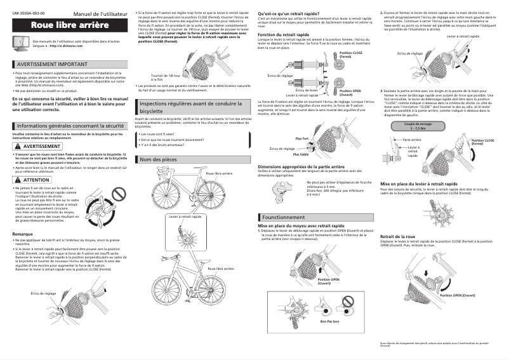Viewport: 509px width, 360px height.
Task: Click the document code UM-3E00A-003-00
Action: tap(29, 13)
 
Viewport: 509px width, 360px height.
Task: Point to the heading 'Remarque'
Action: tap(22, 234)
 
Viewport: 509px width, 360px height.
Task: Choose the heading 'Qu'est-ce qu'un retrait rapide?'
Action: tap(288, 13)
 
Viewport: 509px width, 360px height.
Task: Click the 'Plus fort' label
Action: tap(301, 138)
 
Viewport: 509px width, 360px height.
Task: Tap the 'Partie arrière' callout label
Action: tap(413, 138)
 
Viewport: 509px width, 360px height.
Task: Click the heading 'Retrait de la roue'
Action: tap(397, 236)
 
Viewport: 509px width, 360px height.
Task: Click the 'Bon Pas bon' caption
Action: tap(329, 321)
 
